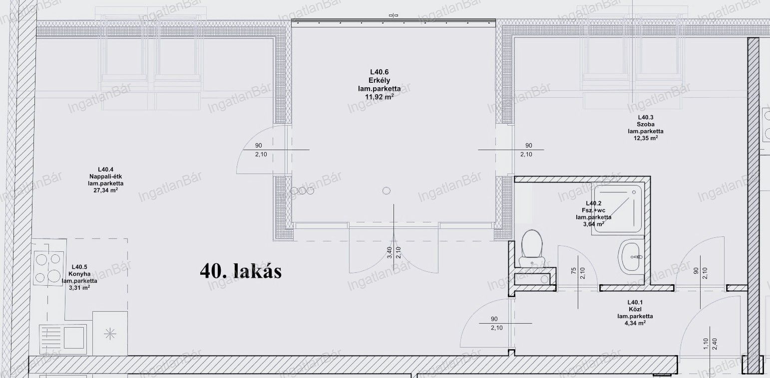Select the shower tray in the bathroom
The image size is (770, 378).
(x=618, y=210)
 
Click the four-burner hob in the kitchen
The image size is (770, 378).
(x=48, y=268)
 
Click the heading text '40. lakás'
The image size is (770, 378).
(x=241, y=271)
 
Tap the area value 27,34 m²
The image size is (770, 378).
(x=105, y=190)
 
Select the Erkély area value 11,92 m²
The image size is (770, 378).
(x=379, y=97)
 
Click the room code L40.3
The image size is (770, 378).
(x=646, y=117)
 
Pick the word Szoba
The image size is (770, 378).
(x=646, y=124)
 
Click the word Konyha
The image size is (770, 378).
(x=79, y=274)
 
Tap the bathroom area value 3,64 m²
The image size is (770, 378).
(x=594, y=224)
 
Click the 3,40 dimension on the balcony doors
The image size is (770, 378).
(x=389, y=253)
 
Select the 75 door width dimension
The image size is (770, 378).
(x=573, y=271)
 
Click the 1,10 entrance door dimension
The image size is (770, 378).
(x=703, y=345)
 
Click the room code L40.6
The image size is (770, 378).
(x=379, y=72)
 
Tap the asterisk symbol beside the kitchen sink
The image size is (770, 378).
(x=110, y=334)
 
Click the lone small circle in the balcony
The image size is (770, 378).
(x=386, y=190)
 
